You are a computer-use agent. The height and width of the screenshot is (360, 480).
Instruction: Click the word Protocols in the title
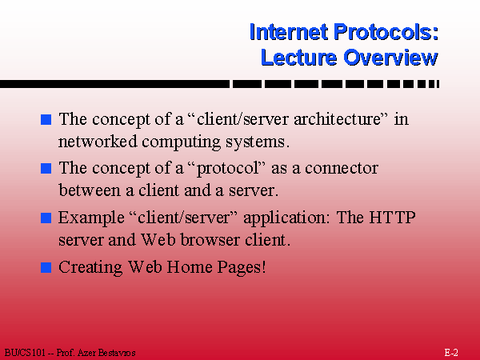coord(386,32)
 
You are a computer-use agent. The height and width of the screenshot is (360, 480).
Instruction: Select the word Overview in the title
coord(390,58)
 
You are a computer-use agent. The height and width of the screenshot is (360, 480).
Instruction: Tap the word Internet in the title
coord(289,32)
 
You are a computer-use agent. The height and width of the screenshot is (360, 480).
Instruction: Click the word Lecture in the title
coord(298,58)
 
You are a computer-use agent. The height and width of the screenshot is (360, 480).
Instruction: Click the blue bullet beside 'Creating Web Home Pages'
coord(46,267)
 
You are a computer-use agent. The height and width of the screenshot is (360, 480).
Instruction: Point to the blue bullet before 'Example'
coord(46,218)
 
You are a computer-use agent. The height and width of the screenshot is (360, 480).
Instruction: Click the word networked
coord(98,142)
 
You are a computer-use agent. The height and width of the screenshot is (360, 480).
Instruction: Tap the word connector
coord(342,169)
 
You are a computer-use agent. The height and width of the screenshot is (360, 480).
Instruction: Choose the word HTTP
coord(392,218)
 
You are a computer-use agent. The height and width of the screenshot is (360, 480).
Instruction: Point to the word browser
coord(210,239)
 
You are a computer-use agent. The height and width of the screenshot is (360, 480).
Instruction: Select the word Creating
coord(90,267)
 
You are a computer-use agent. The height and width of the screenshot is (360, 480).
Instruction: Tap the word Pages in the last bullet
coord(242,267)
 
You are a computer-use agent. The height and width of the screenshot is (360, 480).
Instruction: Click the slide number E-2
coord(451,353)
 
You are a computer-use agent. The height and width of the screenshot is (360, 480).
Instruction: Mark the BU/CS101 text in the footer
coord(25,353)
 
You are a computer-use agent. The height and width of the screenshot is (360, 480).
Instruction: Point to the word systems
coord(258,142)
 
